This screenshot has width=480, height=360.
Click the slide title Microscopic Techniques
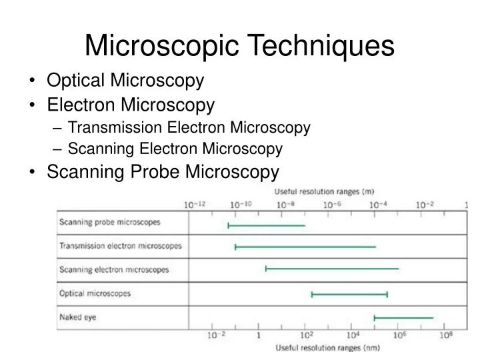[240, 45]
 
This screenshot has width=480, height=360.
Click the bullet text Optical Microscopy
[125, 81]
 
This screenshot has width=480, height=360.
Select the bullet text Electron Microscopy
[131, 105]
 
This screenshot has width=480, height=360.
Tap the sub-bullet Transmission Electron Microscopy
[189, 127]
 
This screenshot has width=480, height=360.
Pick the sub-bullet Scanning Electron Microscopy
[175, 149]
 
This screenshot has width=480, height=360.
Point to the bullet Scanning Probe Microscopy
[163, 172]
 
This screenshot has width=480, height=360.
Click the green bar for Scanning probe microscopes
[267, 225]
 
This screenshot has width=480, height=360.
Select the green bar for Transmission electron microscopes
[305, 247]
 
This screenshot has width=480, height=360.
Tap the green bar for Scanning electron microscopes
[332, 269]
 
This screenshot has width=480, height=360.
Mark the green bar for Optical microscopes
[349, 294]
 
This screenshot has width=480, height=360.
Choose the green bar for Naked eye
[403, 318]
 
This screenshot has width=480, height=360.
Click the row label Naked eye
[78, 317]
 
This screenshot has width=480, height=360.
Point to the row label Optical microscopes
[95, 293]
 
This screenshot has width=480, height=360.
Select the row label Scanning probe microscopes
[110, 223]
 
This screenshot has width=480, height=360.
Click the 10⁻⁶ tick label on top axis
[333, 205]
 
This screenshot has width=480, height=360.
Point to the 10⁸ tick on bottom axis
[445, 335]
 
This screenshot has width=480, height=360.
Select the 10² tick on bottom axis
[306, 335]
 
